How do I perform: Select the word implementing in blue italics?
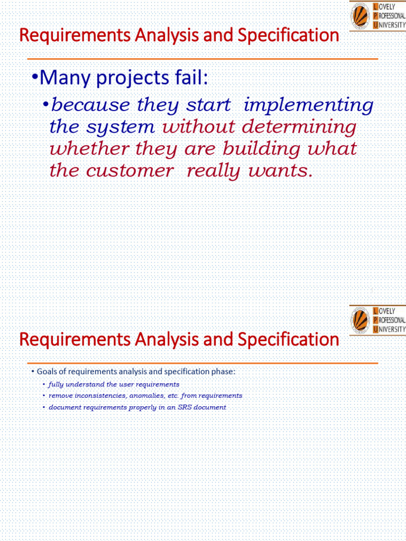pyautogui.click(x=308, y=105)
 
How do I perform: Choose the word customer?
pyautogui.click(x=129, y=171)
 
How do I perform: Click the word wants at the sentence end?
pyautogui.click(x=280, y=171)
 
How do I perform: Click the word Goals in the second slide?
pyautogui.click(x=47, y=371)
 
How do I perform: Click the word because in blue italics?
pyautogui.click(x=90, y=105)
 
